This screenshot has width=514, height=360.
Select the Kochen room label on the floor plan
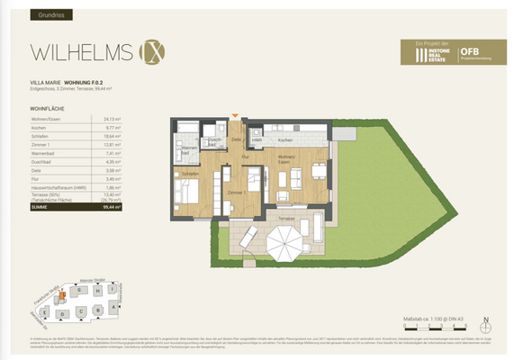(284, 140)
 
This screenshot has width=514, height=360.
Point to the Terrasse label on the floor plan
(261, 219)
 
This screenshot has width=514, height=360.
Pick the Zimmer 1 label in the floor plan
(237, 193)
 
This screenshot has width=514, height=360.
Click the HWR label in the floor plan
(257, 140)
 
